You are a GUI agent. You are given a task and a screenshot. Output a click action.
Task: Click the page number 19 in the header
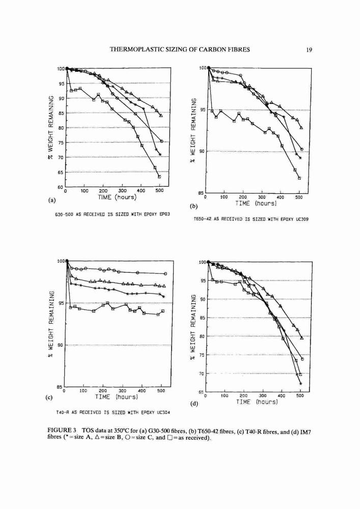click(309, 50)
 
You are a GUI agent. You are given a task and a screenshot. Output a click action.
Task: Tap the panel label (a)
click(51, 200)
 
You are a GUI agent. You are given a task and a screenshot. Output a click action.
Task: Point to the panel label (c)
click(50, 397)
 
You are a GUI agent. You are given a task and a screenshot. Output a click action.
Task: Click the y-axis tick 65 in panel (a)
click(61, 173)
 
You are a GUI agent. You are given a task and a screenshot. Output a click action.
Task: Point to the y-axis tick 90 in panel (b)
click(202, 152)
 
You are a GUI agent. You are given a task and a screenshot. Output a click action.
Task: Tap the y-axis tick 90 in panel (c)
click(60, 345)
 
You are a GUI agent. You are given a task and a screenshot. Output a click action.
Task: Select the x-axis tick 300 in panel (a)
click(122, 191)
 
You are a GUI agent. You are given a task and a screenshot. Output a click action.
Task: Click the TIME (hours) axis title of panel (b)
click(256, 203)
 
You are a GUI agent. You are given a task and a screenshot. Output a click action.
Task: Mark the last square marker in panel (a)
click(159, 177)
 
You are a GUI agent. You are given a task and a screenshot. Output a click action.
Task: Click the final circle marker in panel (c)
click(165, 274)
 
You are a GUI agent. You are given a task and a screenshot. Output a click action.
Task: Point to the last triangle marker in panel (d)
click(302, 338)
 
